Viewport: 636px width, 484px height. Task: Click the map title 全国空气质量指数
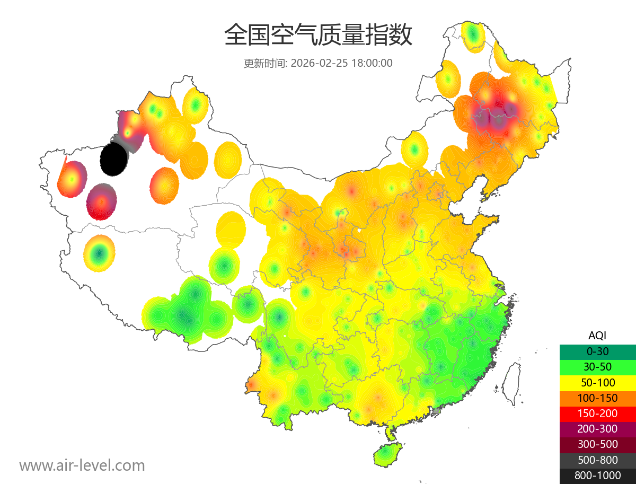318,36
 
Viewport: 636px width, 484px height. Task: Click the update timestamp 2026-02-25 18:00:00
342,63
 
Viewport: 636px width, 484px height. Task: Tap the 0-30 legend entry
597,351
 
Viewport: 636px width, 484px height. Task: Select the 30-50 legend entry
597,367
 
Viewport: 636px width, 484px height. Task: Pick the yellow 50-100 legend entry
597,382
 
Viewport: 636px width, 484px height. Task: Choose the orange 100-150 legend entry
597,398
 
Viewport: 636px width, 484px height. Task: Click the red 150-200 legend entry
597,413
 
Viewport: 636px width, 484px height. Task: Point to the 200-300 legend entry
597,429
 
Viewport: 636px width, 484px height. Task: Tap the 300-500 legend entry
597,444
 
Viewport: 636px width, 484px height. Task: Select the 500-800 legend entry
597,460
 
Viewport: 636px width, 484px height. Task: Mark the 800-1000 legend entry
597,476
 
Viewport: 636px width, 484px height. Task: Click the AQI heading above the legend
597,336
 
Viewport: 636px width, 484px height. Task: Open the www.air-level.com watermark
82,466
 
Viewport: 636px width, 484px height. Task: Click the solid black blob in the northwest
113,159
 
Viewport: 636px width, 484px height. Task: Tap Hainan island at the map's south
388,455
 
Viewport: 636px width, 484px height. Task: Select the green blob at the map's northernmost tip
473,36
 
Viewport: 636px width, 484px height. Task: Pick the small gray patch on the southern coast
437,410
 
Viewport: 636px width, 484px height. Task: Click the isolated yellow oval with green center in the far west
99,253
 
